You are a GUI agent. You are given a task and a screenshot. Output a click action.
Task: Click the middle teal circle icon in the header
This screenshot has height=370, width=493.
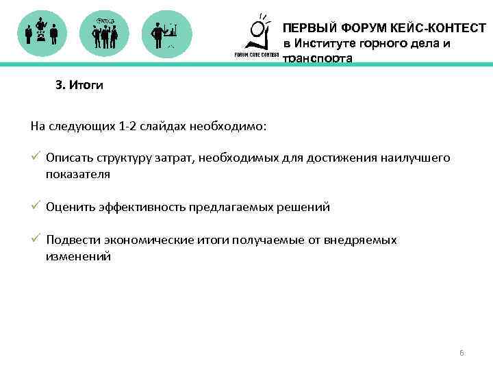click(x=104, y=33)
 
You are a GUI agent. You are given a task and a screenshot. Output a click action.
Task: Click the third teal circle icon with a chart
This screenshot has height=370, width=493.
click(x=166, y=33)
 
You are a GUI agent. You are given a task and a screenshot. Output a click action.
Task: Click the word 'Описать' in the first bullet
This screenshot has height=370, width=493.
click(x=66, y=158)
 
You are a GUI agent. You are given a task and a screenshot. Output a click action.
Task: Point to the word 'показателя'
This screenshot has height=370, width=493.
click(x=77, y=174)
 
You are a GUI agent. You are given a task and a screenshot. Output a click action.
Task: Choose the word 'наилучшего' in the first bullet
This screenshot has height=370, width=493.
click(x=421, y=158)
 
